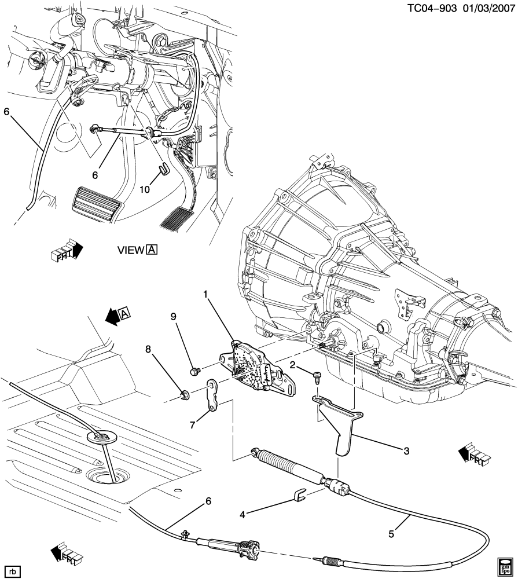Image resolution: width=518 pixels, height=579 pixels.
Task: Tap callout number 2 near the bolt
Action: [x=293, y=365]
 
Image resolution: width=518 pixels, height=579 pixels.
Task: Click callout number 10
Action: [x=145, y=189]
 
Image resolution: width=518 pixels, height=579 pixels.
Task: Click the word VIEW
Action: [x=131, y=250]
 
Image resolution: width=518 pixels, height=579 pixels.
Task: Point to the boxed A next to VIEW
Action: [x=152, y=250]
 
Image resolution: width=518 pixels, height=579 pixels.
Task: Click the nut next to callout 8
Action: [x=186, y=396]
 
